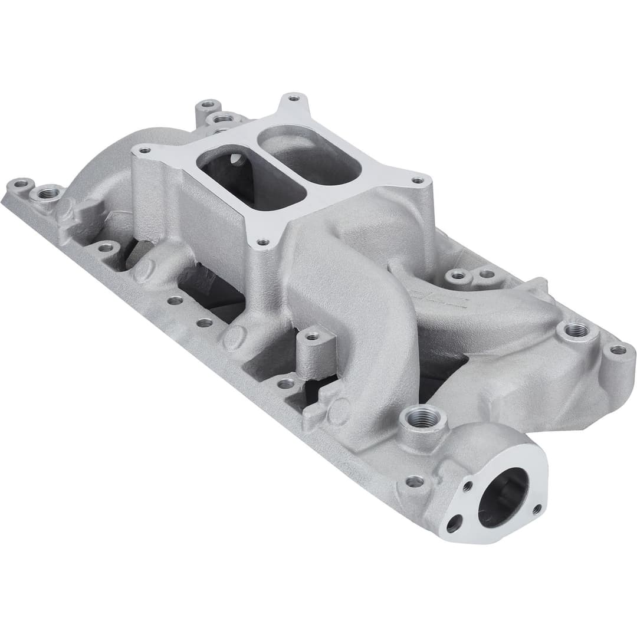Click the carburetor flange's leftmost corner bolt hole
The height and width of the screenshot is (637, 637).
point(141,151)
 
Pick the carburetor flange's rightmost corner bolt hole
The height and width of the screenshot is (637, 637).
point(418,180)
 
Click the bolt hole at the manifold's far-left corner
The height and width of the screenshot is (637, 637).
point(21,183)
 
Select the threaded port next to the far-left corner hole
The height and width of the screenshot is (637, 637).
point(48,192)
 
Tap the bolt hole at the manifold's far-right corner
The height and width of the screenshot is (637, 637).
point(618,350)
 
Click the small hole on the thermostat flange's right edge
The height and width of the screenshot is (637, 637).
point(536,508)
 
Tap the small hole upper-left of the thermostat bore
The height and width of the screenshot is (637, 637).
point(467,486)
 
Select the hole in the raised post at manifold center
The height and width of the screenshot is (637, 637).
point(312,336)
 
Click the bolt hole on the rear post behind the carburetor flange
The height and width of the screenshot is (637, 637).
point(208,106)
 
